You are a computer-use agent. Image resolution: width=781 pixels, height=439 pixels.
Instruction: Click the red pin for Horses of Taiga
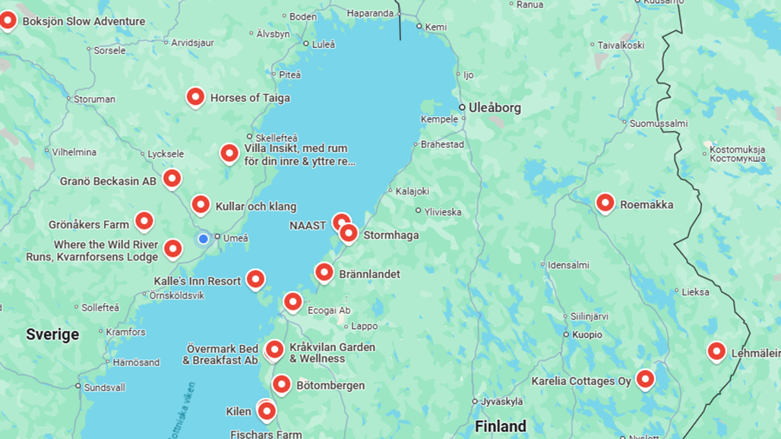[195, 96]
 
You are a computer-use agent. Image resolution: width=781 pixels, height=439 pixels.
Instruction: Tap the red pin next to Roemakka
[605, 203]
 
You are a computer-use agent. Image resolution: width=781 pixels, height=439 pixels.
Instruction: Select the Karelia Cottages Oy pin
[645, 378]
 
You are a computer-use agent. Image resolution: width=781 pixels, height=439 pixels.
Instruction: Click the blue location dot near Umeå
[203, 239]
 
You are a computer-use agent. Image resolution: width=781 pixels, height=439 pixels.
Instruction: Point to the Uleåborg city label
[495, 108]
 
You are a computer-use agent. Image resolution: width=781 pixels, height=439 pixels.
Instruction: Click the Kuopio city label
[587, 334]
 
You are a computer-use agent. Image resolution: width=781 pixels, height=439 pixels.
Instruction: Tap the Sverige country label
[52, 334]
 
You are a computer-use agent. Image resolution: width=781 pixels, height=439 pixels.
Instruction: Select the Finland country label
[501, 426]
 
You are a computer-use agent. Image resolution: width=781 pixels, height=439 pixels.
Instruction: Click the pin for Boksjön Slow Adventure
[8, 20]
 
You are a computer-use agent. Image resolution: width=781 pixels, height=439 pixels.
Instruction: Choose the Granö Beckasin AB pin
[172, 178]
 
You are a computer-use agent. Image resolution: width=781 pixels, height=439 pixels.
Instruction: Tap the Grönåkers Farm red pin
[144, 221]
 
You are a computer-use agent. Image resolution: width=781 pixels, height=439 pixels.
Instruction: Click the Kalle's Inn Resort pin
[255, 280]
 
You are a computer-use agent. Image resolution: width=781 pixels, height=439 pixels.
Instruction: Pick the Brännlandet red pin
[324, 272]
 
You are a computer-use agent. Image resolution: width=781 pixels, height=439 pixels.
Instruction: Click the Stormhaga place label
[390, 235]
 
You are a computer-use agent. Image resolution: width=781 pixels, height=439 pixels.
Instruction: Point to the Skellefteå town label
[277, 137]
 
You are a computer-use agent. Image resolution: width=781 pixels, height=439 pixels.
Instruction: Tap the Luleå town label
[323, 45]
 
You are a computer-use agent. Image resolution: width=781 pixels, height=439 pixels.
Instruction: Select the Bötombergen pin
[281, 384]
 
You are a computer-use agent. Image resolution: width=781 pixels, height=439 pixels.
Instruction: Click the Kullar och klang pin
[201, 205]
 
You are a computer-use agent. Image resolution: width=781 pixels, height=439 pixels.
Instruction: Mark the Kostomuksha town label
[737, 154]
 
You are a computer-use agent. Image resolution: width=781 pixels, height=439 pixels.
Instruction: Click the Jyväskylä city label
[501, 401]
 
